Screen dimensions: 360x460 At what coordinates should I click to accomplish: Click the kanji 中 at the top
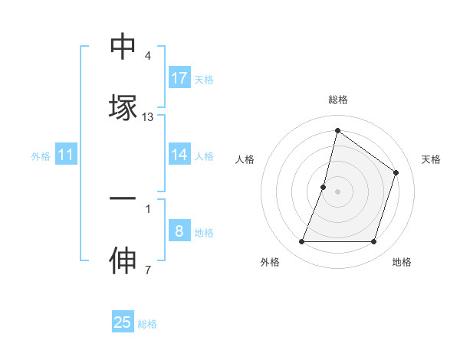click(123, 47)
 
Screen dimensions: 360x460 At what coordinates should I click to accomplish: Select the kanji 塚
click(123, 107)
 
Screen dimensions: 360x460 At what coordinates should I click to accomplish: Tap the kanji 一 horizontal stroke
click(123, 198)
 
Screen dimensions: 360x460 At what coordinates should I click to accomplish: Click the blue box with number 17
click(179, 78)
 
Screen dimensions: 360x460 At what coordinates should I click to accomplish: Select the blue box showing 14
click(179, 155)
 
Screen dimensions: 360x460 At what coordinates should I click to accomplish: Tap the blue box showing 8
click(179, 231)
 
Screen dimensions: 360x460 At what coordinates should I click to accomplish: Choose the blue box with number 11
click(66, 155)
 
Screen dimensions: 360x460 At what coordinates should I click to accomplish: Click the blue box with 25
click(123, 322)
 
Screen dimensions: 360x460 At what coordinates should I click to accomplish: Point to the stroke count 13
click(148, 117)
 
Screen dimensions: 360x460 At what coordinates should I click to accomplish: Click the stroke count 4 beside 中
click(148, 56)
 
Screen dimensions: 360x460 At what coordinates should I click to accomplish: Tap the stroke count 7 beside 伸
click(148, 270)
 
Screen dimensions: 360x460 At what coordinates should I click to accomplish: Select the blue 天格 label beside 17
click(204, 79)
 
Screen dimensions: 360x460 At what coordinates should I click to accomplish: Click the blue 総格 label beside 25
click(147, 323)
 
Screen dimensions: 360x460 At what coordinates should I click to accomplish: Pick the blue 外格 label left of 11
click(41, 156)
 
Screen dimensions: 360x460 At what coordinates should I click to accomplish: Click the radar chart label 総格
click(338, 100)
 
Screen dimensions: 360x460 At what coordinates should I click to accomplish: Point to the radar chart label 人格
click(245, 159)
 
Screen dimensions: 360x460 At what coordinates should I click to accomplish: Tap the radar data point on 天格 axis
click(396, 173)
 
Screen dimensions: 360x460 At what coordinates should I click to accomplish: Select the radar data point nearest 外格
click(301, 242)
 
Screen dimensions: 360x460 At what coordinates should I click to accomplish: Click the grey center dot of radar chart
click(338, 191)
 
